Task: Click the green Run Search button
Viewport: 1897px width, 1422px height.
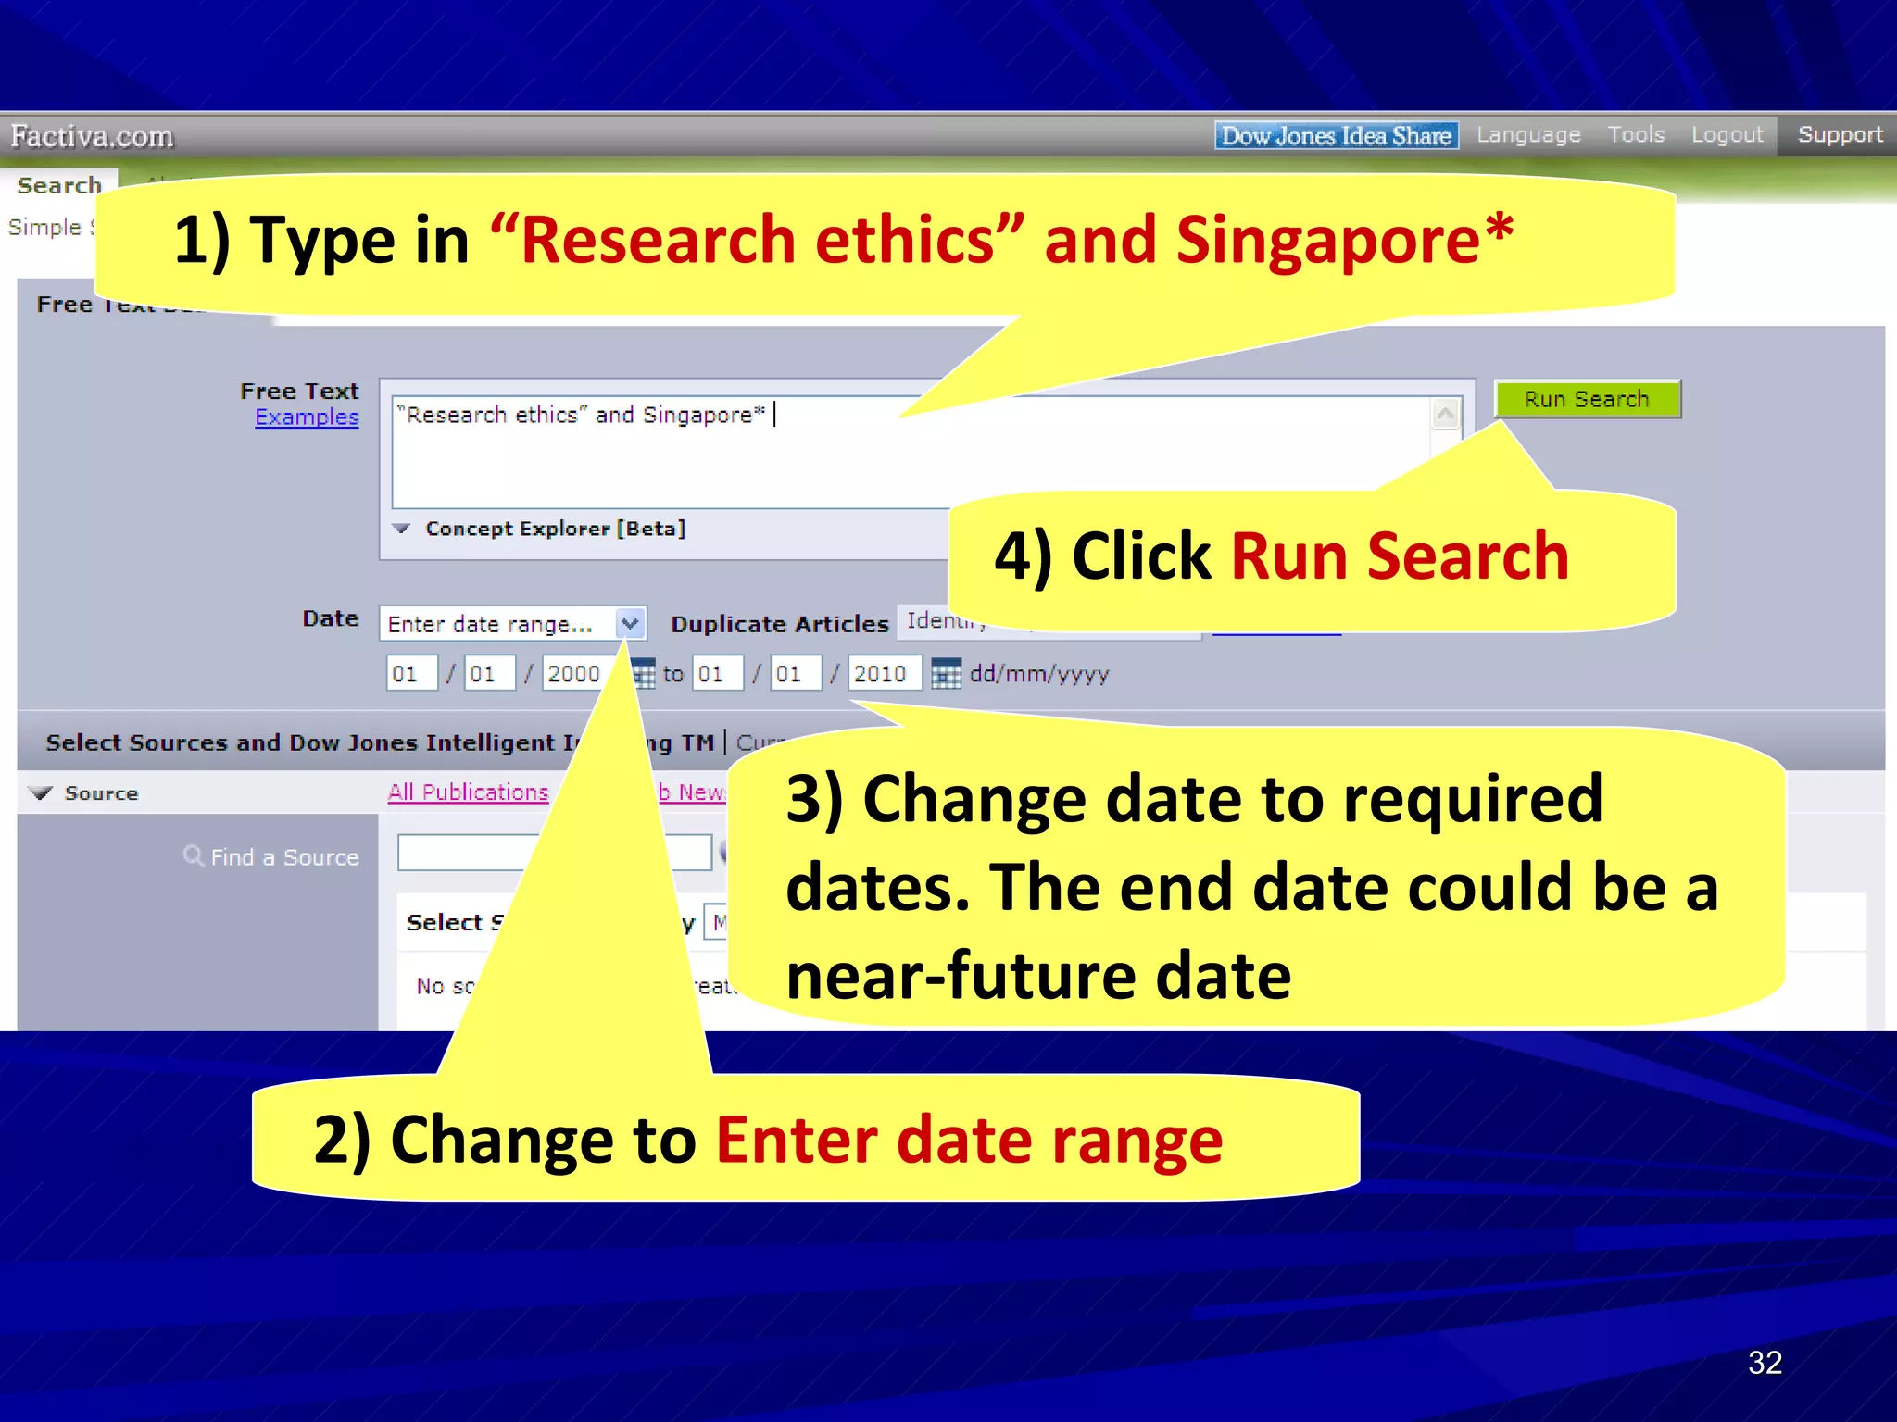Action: [x=1587, y=399]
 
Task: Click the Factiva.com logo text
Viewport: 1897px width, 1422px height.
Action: [x=92, y=137]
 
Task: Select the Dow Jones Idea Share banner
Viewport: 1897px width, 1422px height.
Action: [x=1336, y=136]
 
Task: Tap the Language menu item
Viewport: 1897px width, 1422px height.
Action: [x=1528, y=135]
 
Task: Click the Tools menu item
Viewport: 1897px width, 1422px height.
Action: [x=1636, y=135]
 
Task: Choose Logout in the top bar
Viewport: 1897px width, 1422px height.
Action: [x=1727, y=135]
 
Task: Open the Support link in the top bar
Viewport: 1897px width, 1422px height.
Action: [x=1840, y=135]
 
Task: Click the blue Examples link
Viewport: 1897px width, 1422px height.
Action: [x=307, y=418]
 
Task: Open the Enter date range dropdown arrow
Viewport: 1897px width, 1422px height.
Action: [x=630, y=623]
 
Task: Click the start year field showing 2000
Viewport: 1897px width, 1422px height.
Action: [x=572, y=673]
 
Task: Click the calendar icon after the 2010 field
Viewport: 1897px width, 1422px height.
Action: [x=945, y=674]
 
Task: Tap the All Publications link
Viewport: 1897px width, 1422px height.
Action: [x=468, y=792]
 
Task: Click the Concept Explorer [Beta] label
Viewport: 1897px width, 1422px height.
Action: [x=555, y=529]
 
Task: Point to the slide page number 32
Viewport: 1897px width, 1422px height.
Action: [x=1765, y=1362]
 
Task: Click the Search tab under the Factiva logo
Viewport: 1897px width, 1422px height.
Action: [x=59, y=186]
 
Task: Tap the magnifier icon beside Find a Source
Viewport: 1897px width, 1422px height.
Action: [x=193, y=855]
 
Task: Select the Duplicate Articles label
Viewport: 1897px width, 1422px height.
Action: [x=779, y=625]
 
